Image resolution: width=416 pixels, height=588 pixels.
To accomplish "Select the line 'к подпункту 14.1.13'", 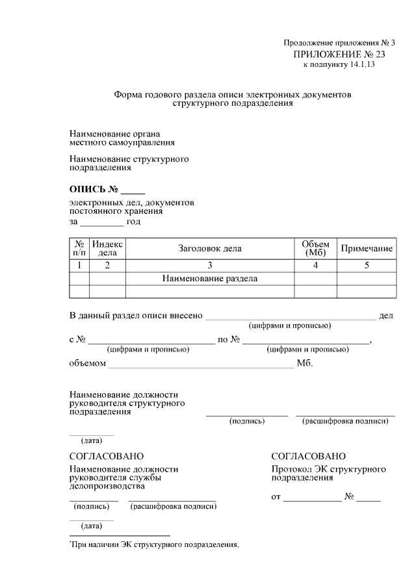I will click(339, 65).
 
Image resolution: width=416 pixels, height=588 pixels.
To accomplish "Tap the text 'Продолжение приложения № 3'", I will click(339, 44).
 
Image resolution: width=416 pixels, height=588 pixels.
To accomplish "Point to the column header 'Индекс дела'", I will click(107, 248).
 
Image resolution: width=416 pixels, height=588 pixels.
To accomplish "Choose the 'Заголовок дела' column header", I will click(209, 248).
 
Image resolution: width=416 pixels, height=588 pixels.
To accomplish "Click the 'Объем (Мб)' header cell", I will click(315, 248).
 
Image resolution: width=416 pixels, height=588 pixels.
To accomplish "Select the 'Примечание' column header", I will click(367, 248).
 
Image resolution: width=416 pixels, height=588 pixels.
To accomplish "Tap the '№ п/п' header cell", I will click(79, 248).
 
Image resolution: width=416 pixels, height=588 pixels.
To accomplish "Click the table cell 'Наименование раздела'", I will click(209, 279).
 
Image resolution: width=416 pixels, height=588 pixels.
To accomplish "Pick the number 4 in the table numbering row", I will click(315, 265).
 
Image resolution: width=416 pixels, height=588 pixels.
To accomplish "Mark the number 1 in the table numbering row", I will click(79, 265).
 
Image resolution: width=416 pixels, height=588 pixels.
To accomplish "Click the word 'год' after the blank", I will click(133, 222).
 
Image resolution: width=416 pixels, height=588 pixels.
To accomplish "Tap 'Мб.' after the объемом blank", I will click(305, 363).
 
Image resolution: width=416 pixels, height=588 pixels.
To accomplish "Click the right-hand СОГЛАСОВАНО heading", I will click(309, 457).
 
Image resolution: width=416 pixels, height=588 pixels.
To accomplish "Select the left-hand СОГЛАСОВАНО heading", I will click(107, 457).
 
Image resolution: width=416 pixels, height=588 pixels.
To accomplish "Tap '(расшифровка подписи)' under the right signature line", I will click(345, 421).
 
